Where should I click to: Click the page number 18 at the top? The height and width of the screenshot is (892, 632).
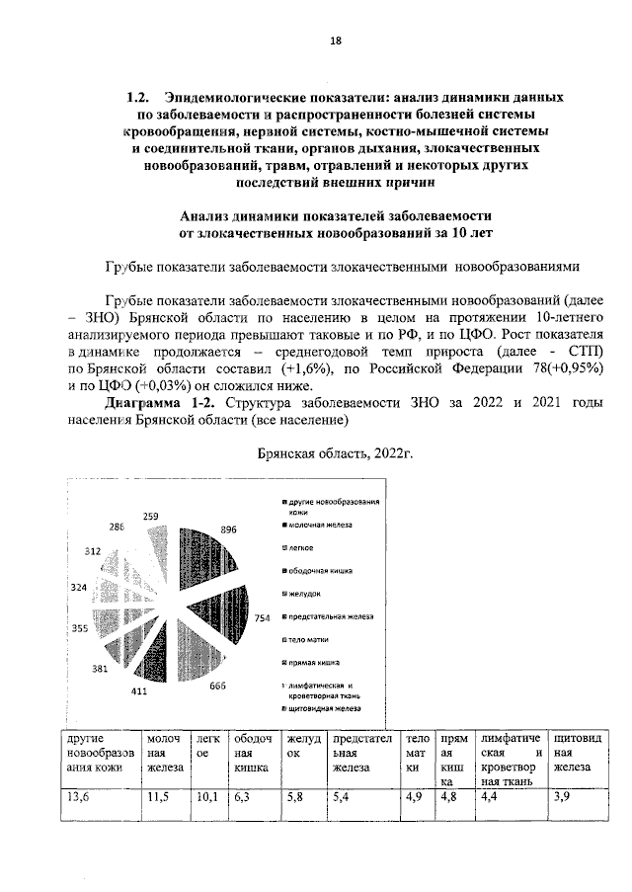pyautogui.click(x=334, y=41)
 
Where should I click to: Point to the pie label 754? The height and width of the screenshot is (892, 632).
pyautogui.click(x=263, y=617)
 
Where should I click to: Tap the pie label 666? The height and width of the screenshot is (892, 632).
pyautogui.click(x=218, y=686)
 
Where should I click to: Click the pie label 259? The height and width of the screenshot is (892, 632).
pyautogui.click(x=151, y=516)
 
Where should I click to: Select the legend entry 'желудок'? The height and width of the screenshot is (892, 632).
pyautogui.click(x=305, y=593)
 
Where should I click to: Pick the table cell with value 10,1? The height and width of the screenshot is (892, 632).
pyautogui.click(x=206, y=797)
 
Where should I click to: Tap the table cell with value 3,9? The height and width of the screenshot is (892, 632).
pyautogui.click(x=562, y=797)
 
